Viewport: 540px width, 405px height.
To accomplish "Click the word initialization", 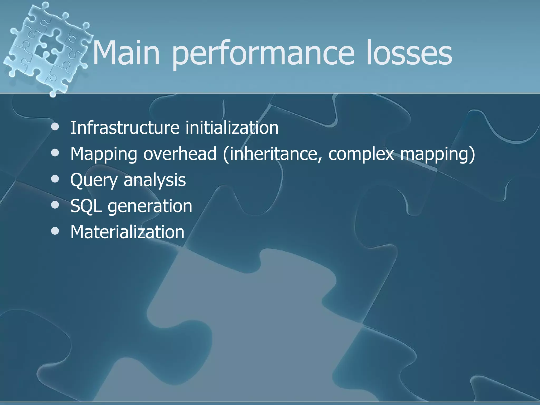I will tap(232, 128).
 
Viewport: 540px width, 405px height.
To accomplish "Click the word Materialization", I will tap(127, 232).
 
